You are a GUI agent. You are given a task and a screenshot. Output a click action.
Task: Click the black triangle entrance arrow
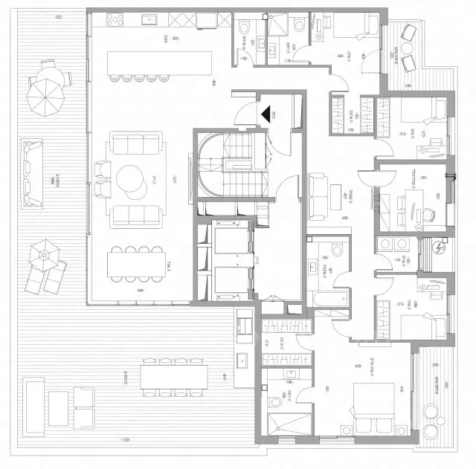[266, 114]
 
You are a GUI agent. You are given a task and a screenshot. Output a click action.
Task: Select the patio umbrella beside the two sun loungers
[44, 254]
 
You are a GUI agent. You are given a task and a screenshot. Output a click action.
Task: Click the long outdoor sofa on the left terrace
[31, 173]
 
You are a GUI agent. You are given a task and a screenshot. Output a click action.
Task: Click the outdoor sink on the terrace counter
[243, 362]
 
